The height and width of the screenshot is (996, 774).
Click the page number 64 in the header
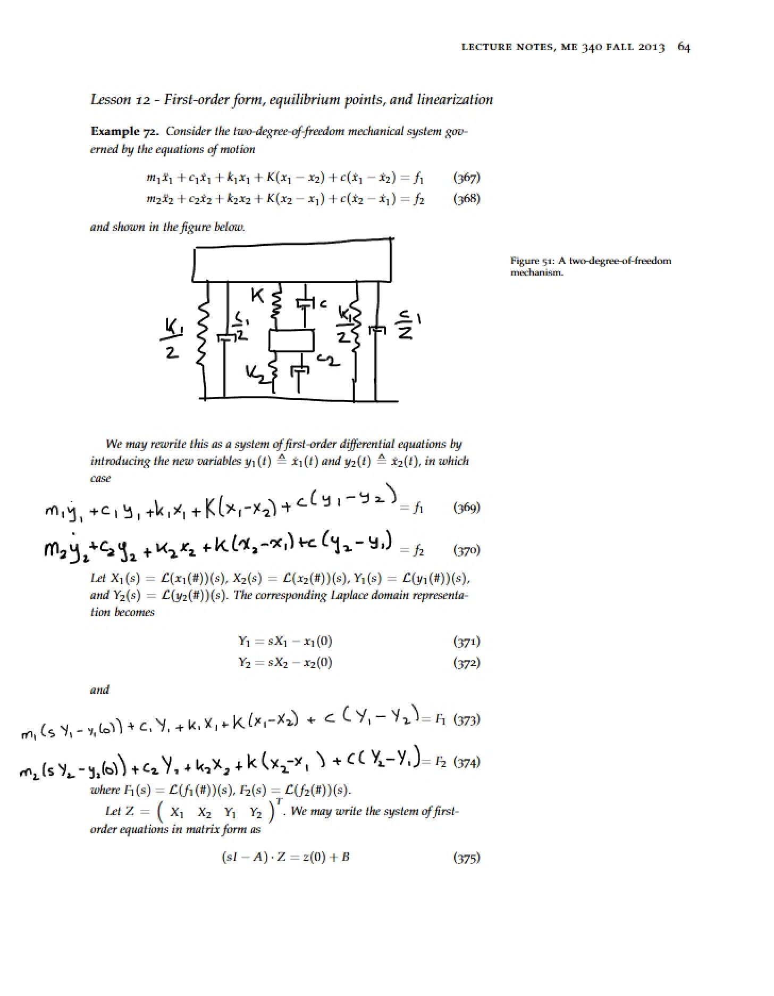coord(684,47)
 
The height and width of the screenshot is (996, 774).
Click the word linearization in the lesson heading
coord(455,99)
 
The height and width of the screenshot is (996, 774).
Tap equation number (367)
coord(466,177)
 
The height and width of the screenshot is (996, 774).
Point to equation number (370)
coord(466,550)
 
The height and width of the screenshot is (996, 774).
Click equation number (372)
coord(466,662)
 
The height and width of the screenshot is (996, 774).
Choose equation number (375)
coord(466,857)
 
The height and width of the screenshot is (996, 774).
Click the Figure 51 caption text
coord(591,266)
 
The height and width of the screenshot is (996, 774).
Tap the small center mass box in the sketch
coord(291,341)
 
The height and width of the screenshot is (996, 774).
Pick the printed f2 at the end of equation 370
coord(419,550)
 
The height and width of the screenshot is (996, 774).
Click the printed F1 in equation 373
coord(440,719)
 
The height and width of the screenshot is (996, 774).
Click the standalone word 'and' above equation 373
coord(99,690)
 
